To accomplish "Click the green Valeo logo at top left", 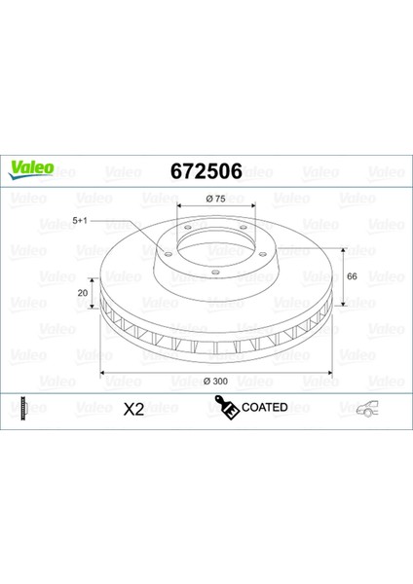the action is (x=31, y=169).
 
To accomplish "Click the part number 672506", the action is (x=206, y=171).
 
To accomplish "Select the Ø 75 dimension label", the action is (x=216, y=199).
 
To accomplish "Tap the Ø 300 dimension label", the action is (x=216, y=381).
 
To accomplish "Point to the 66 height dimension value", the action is (x=352, y=276).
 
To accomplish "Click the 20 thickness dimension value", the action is (x=83, y=293).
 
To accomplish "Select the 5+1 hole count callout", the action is (x=80, y=221).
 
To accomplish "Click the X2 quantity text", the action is (x=133, y=410).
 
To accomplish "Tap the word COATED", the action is (x=265, y=407).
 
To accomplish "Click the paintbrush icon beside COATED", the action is (x=227, y=407).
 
